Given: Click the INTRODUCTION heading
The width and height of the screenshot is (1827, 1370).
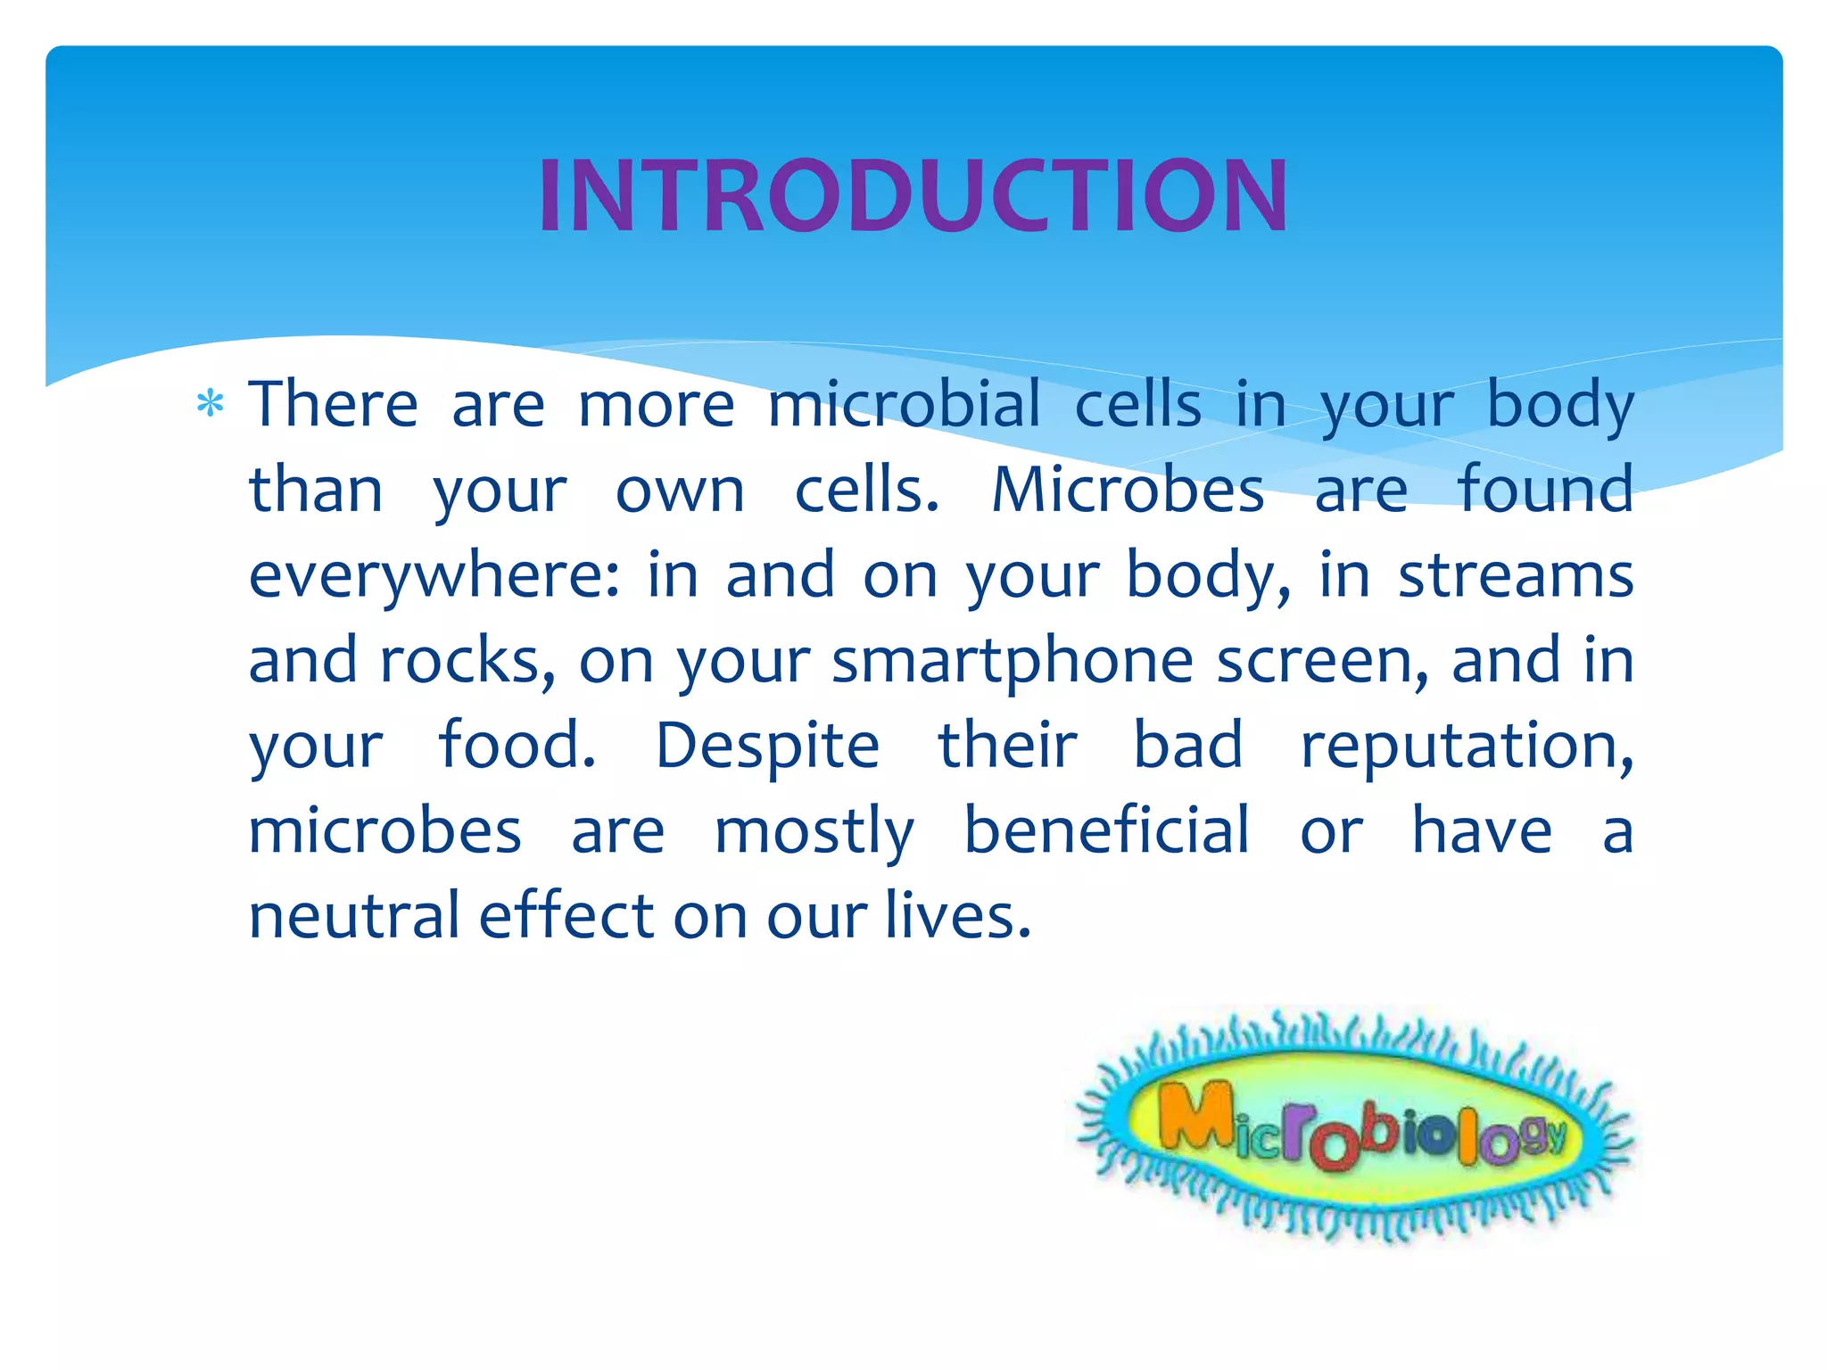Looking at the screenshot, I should click(x=913, y=196).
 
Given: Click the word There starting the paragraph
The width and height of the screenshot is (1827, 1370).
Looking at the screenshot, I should click(x=333, y=404).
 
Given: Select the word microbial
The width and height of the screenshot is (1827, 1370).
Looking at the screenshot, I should click(x=904, y=404).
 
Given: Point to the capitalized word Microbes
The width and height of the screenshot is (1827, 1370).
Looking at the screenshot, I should click(x=1128, y=490).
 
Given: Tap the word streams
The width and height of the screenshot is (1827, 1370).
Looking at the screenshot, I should click(x=1516, y=575).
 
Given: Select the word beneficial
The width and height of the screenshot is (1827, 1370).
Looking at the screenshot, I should click(x=1106, y=830).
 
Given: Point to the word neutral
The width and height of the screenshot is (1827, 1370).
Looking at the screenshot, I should click(x=353, y=916).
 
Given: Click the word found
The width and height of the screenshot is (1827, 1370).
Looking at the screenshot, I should click(x=1545, y=490).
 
